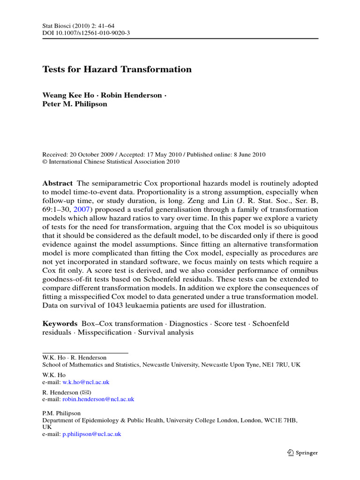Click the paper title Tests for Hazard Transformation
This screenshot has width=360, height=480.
coord(117,69)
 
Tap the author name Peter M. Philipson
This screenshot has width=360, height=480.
coord(75,104)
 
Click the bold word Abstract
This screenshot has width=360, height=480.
coord(58,183)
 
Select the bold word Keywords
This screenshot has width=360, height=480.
coord(60,323)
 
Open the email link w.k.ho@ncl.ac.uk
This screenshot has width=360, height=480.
coord(86,382)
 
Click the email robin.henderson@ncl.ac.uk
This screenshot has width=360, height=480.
coord(98,399)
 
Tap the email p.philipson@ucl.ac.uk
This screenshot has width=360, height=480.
coord(92,434)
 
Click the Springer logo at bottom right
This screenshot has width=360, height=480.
coord(302,453)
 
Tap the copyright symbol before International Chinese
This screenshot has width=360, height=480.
coord(45,162)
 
